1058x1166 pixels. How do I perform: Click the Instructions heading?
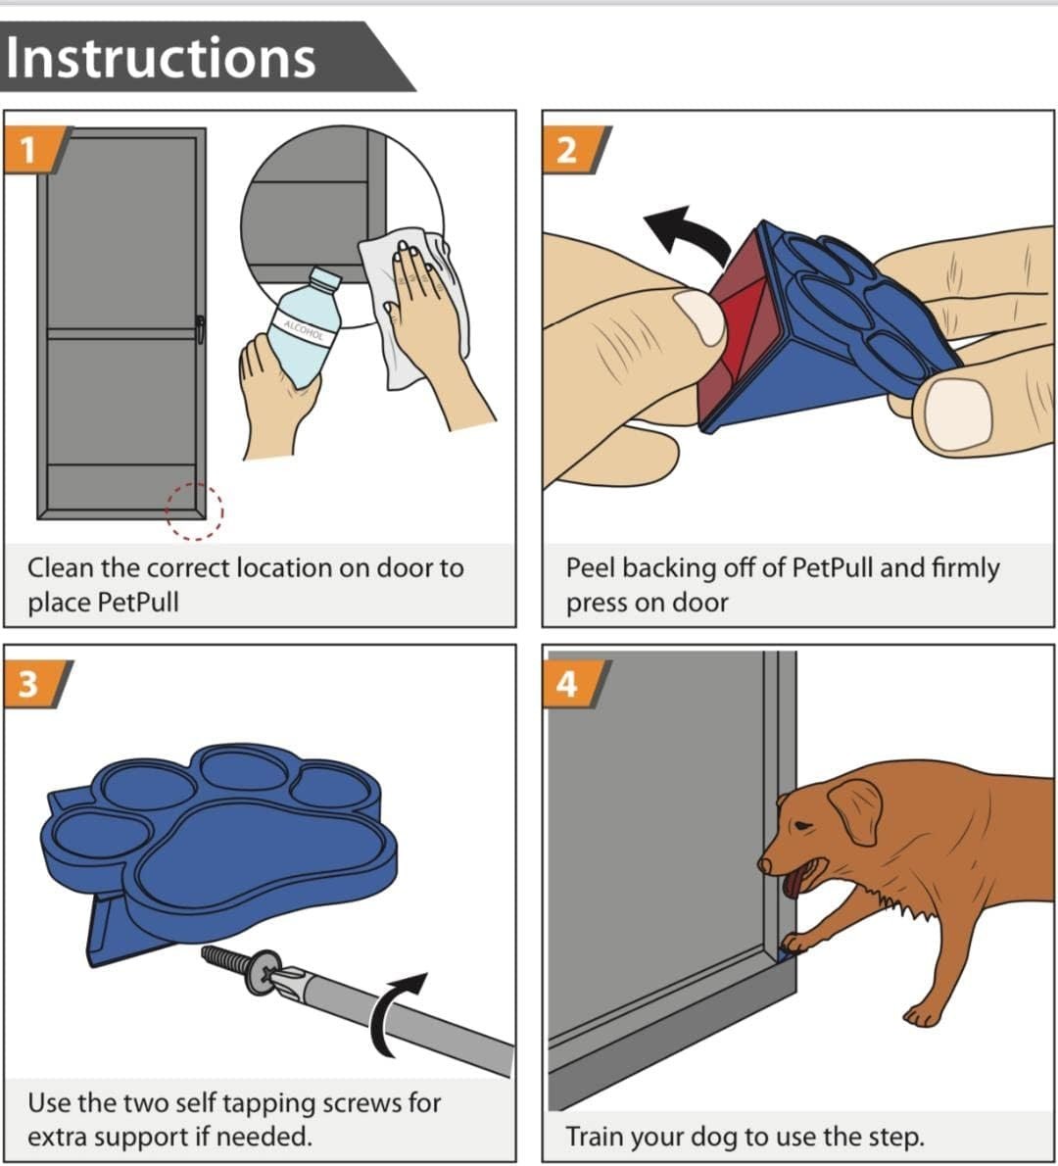point(161,58)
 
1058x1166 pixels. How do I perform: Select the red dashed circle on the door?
point(194,510)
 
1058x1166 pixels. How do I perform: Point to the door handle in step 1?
point(200,329)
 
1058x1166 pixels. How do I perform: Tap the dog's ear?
point(856,810)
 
